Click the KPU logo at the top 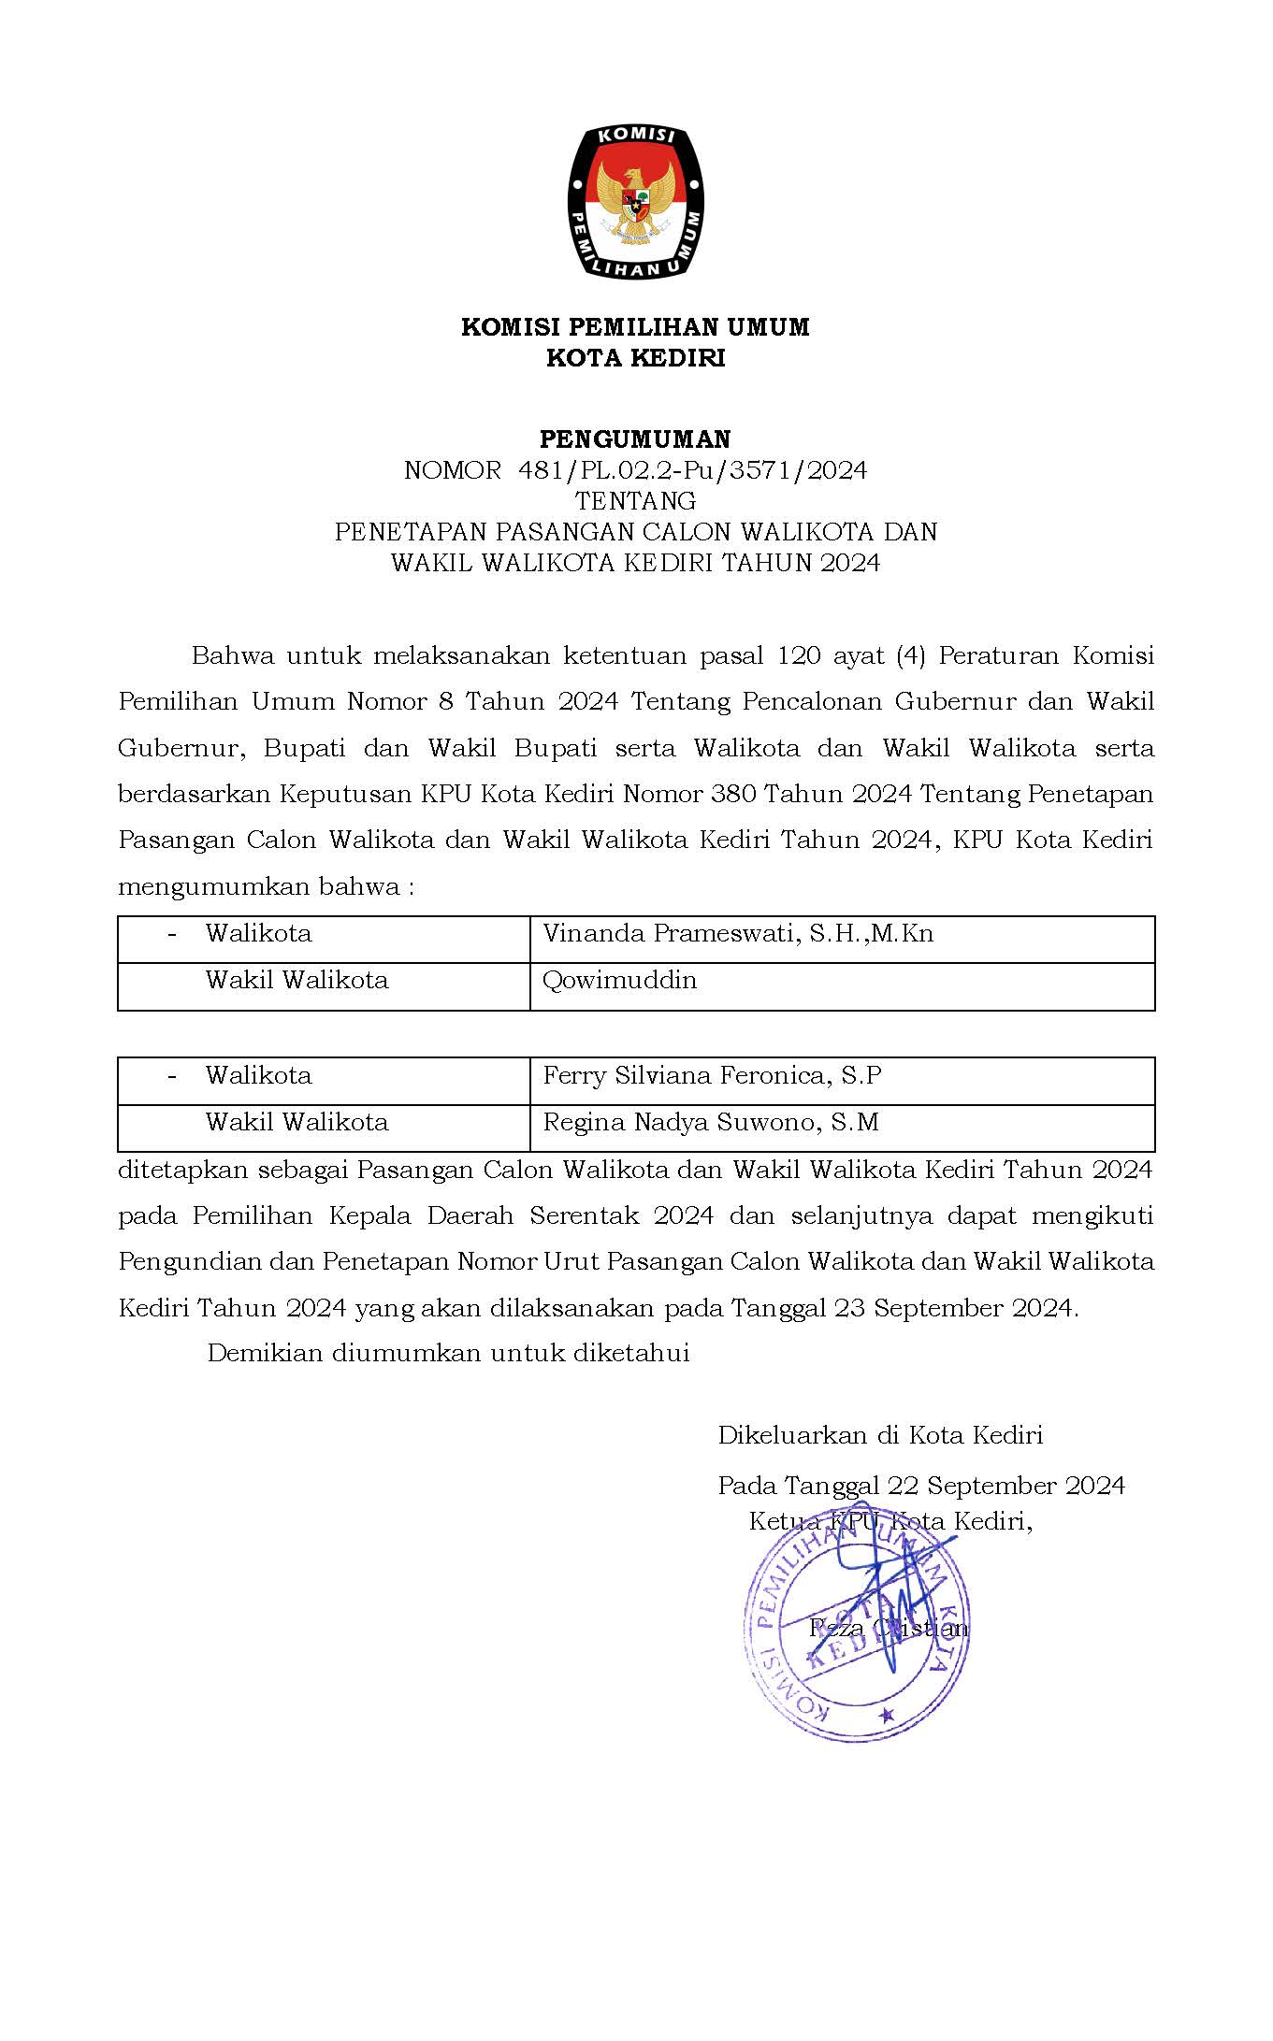tap(636, 202)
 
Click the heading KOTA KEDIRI tap(636, 358)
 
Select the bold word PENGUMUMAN tap(636, 438)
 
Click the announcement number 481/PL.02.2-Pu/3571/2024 tap(692, 470)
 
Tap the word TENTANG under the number tap(636, 501)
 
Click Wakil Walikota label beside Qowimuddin tap(297, 981)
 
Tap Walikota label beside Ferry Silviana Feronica tap(258, 1076)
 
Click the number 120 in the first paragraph tap(798, 656)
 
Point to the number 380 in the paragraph tap(733, 795)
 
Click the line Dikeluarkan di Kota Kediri tap(880, 1435)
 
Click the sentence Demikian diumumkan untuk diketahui tap(448, 1353)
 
